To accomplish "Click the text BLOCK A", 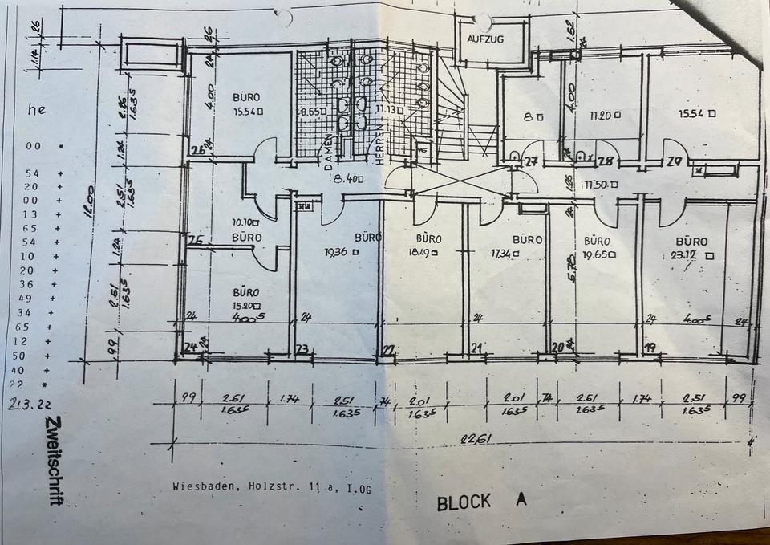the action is [x=481, y=502].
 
